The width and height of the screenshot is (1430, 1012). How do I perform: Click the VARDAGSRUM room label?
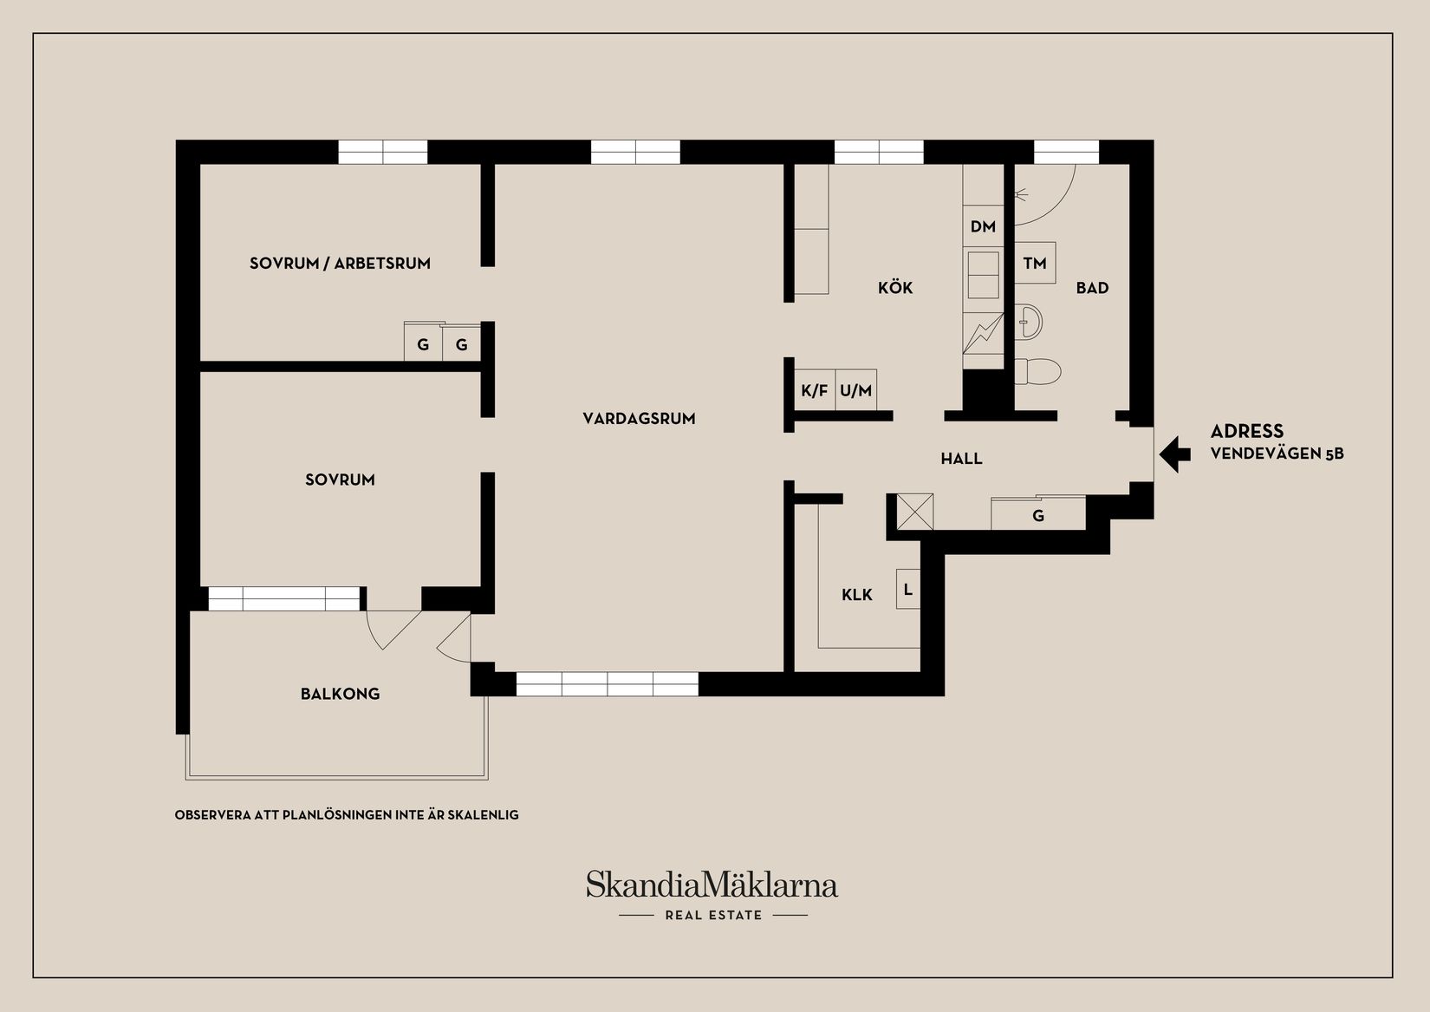(x=639, y=419)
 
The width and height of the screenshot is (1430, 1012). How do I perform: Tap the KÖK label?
(x=895, y=288)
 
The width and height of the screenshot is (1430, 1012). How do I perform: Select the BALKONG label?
(x=341, y=694)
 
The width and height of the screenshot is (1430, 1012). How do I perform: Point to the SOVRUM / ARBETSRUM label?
(x=340, y=264)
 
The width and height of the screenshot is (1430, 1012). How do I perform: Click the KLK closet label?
(x=857, y=595)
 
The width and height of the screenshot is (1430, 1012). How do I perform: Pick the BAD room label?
(x=1092, y=288)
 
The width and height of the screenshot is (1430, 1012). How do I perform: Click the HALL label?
(x=961, y=458)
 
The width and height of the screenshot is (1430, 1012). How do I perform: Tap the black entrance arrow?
(x=1174, y=454)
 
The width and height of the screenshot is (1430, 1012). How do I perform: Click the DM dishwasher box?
(x=983, y=226)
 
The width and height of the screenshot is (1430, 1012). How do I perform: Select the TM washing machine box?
(x=1035, y=263)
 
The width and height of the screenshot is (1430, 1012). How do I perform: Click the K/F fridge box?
(x=815, y=389)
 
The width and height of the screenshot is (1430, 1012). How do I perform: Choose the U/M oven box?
(x=856, y=389)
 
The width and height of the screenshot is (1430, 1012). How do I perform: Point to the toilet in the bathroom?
(x=1037, y=371)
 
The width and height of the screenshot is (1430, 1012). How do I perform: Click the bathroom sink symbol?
(x=1029, y=321)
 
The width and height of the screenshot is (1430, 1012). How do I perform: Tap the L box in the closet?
(x=907, y=589)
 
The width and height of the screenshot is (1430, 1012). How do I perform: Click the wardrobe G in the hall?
(x=1038, y=514)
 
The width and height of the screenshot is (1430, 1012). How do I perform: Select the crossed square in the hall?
(x=915, y=512)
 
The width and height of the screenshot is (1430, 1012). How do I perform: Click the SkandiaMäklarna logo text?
(x=712, y=885)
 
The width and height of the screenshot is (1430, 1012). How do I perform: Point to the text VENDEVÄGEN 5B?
(x=1277, y=454)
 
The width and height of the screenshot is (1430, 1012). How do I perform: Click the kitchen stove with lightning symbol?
(x=983, y=333)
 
